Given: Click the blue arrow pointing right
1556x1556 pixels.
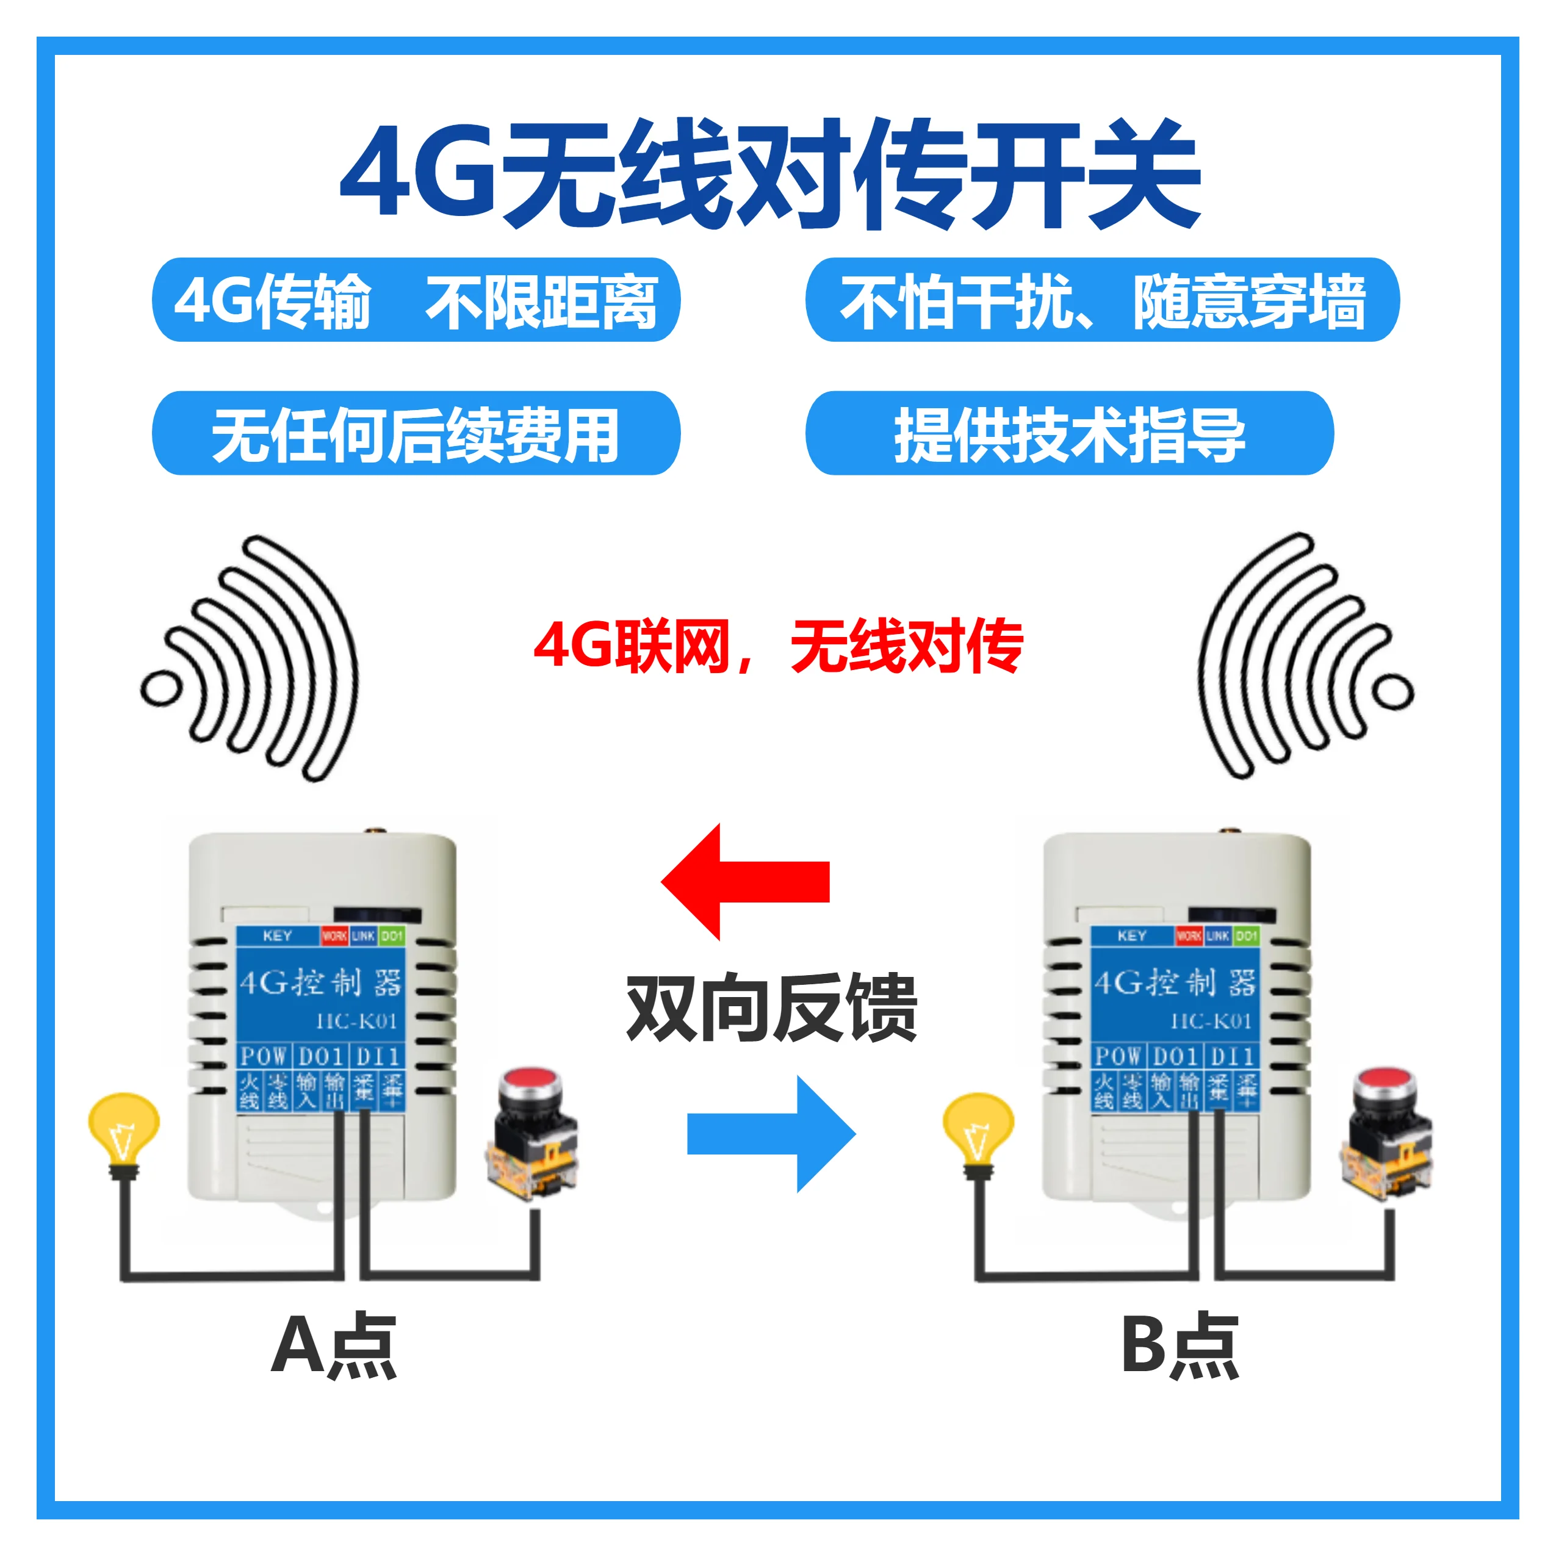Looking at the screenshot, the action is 771,1133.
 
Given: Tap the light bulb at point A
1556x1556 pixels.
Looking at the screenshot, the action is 123,1127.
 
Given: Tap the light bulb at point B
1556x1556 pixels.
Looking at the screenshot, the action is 978,1127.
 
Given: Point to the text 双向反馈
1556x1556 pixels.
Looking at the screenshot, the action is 771,1007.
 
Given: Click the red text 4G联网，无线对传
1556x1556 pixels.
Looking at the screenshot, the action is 778,647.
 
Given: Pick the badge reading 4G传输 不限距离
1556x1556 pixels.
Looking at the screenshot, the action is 416,300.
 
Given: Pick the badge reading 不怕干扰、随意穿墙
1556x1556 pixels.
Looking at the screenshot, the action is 1102,300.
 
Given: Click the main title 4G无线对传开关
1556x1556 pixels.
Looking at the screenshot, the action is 770,173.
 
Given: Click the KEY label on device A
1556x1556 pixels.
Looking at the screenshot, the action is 277,936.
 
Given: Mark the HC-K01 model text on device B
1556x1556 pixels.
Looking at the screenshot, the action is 1211,1021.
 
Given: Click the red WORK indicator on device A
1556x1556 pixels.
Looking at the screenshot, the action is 334,936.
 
